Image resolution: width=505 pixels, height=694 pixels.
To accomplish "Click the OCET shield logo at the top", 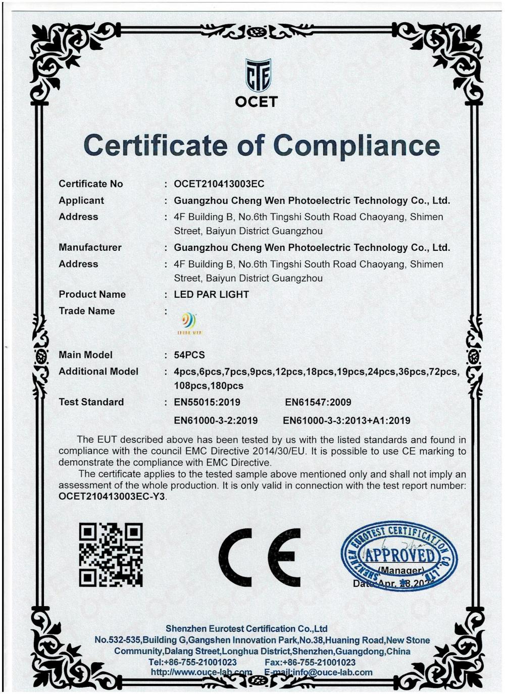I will [258, 76].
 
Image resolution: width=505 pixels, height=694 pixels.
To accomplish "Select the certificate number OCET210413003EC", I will [219, 184].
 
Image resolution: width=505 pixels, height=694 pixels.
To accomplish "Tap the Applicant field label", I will [81, 200].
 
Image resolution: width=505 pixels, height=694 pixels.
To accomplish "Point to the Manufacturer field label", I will [90, 247].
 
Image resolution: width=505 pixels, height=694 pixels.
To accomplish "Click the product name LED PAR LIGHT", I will [212, 294].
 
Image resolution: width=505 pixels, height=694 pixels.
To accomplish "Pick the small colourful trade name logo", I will [189, 324].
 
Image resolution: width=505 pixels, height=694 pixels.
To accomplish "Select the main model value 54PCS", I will [189, 355].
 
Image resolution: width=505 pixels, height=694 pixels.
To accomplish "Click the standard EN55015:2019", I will [207, 402].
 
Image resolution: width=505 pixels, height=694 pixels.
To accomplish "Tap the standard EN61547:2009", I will [318, 402].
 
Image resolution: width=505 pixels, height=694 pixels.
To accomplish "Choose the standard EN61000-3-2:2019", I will [216, 420].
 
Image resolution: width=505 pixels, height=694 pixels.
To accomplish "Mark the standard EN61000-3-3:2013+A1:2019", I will [346, 420].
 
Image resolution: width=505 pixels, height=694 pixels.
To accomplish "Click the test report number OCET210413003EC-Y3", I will [112, 496].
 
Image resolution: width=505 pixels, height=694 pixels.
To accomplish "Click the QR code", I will [111, 555].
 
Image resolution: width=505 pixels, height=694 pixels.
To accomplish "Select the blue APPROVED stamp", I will [398, 556].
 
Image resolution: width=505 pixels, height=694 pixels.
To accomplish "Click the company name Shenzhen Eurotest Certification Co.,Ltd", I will [246, 628].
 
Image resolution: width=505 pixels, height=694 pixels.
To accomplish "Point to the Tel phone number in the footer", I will [193, 662].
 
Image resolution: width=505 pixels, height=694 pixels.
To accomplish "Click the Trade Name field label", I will [87, 311].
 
